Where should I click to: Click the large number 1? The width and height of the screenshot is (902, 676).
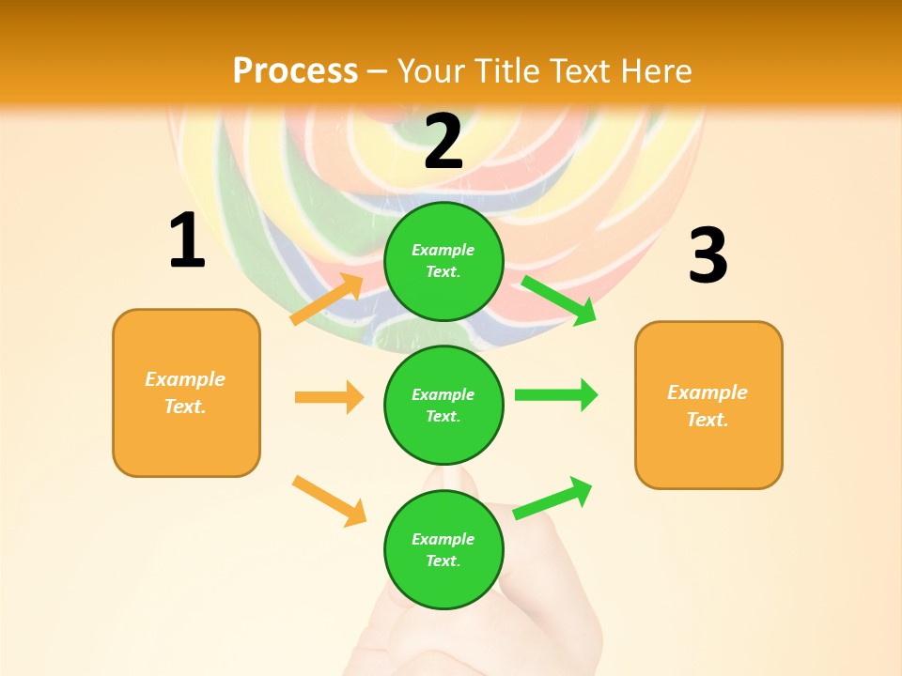(187, 240)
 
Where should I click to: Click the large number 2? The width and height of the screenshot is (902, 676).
(443, 142)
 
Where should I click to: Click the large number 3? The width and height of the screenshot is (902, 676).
(708, 256)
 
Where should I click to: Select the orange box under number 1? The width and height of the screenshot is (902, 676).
(186, 392)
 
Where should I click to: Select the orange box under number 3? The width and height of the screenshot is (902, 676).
(708, 405)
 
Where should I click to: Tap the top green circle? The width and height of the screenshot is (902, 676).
(443, 261)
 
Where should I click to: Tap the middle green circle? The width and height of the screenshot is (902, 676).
(443, 405)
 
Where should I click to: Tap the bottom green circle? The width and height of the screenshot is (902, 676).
(443, 549)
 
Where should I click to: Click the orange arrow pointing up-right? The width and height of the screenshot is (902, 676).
(327, 300)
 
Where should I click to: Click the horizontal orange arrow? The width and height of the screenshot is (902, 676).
(329, 397)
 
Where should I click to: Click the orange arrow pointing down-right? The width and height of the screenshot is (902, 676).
(329, 500)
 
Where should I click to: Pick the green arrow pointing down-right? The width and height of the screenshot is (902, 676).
(559, 300)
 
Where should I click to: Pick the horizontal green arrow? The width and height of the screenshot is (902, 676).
(555, 394)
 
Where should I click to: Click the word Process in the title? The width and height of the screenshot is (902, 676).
(295, 70)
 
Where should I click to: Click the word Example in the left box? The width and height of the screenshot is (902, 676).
(185, 379)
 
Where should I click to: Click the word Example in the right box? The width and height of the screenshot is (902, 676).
(708, 392)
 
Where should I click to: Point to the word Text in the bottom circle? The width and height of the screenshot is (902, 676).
(442, 561)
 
